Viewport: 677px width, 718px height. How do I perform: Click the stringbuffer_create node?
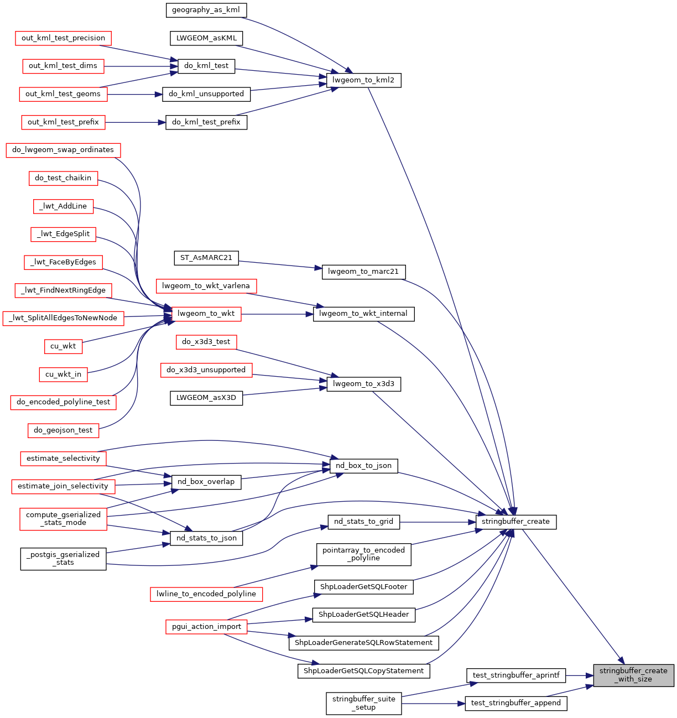click(515, 522)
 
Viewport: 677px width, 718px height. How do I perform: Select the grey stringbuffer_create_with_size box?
click(633, 675)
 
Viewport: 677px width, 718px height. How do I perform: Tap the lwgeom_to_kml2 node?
click(363, 80)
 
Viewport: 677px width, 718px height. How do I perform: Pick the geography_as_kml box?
click(206, 10)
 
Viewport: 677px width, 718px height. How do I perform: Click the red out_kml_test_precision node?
click(63, 38)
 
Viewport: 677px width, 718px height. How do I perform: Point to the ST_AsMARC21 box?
click(206, 258)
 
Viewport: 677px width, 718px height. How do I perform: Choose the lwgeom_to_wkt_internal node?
click(363, 314)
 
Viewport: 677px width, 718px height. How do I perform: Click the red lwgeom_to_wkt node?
click(206, 314)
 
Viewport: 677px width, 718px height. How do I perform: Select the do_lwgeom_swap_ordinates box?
click(63, 150)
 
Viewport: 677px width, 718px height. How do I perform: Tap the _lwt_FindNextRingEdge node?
click(63, 290)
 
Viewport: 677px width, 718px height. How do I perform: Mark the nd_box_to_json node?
click(363, 466)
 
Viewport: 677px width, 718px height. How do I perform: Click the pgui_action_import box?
click(206, 627)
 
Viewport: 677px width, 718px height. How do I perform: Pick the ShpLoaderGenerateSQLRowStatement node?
click(363, 643)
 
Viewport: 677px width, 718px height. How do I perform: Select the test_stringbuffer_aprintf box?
click(516, 675)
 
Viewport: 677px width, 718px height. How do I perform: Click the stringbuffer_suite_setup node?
click(363, 703)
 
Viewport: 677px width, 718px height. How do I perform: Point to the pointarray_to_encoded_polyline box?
click(363, 554)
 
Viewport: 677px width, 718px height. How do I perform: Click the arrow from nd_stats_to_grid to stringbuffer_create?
click(437, 522)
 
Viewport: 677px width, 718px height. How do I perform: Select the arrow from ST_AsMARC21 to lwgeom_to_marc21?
click(280, 265)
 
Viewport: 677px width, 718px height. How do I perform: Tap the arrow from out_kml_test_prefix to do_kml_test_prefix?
click(135, 122)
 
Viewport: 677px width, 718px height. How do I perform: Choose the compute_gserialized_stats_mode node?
click(63, 519)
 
